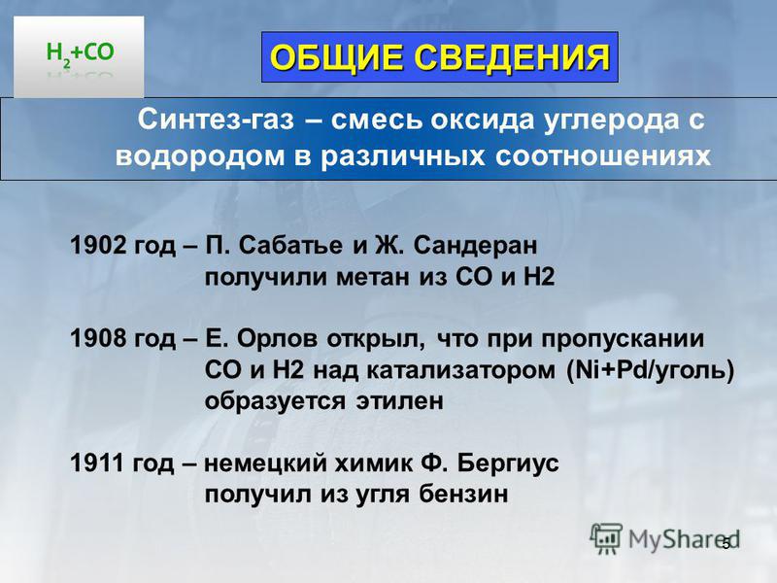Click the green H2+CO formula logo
click(80, 53)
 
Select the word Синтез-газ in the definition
click(216, 120)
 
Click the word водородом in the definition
click(200, 156)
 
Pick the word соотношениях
click(603, 156)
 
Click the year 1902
click(98, 246)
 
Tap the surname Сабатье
click(290, 246)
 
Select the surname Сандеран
click(475, 246)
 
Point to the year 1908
click(98, 338)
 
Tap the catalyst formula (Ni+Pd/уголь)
click(650, 371)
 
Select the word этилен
click(399, 401)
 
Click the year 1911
click(97, 463)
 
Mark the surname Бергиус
click(507, 464)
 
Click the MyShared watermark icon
click(606, 538)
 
